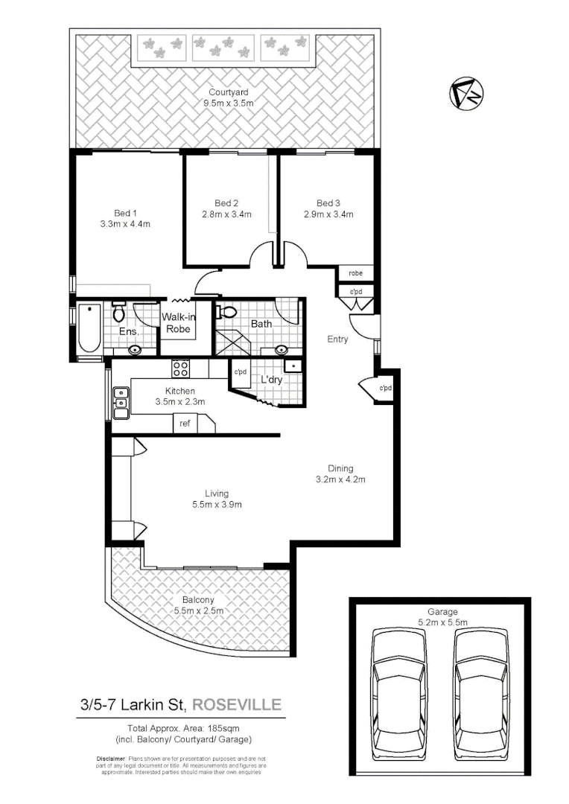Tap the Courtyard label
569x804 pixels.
pos(228,93)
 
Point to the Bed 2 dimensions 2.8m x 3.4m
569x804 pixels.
pos(226,214)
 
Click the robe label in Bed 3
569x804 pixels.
pos(355,273)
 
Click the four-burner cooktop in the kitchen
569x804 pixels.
pos(181,366)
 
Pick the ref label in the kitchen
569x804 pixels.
pos(183,424)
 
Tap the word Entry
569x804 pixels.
pos(337,339)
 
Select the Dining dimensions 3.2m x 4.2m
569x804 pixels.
pos(341,479)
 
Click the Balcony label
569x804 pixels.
pos(199,600)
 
